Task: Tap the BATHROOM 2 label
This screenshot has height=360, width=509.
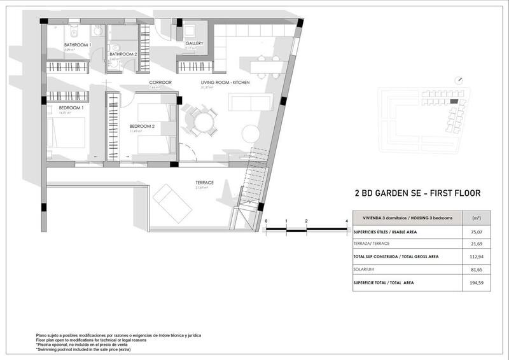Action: point(123,54)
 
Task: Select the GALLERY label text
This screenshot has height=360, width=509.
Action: point(193,43)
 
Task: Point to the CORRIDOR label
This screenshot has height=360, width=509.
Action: point(160,83)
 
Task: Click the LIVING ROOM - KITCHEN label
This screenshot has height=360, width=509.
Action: point(225,83)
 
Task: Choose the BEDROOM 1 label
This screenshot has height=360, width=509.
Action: point(71,108)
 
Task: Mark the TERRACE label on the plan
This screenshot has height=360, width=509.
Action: point(204,183)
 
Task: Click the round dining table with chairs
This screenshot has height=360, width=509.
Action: point(203,120)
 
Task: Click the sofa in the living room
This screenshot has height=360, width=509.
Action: point(253,102)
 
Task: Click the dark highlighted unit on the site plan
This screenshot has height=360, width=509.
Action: point(453,102)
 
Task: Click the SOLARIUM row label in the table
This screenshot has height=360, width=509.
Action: point(365,269)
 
